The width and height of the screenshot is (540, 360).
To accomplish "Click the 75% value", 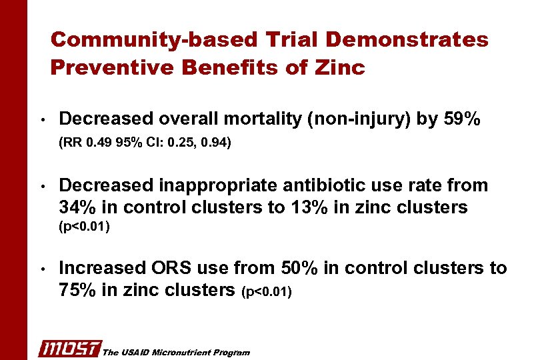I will (77, 290).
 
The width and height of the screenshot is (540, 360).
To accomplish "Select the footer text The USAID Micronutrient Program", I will (176, 352).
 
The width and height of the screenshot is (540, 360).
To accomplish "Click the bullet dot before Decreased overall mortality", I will (41, 121).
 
